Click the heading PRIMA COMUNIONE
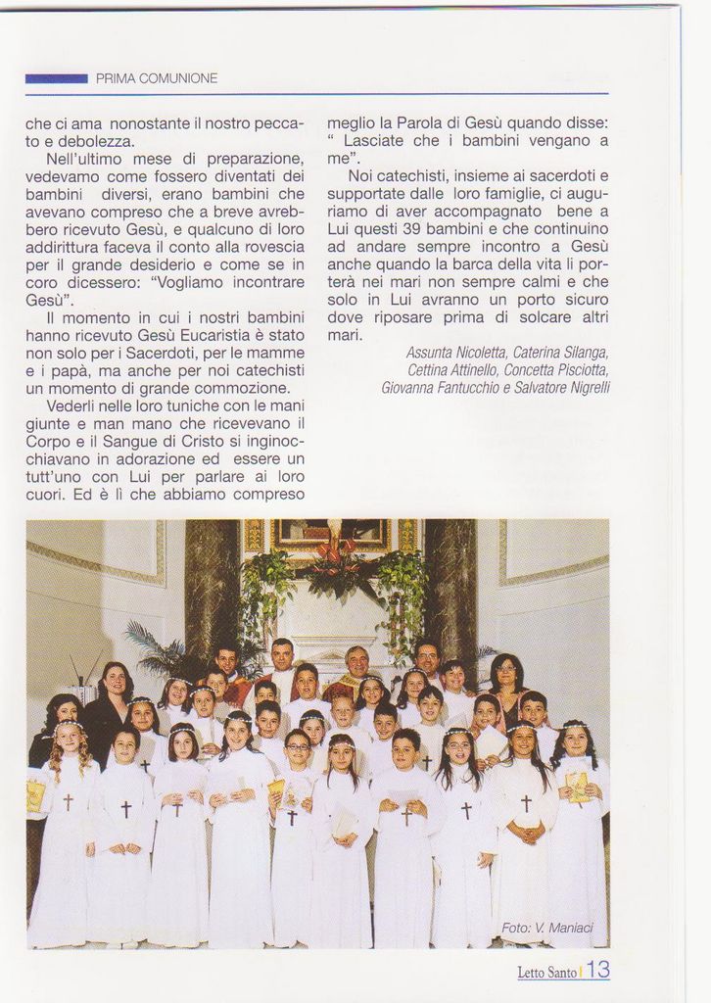tap(157, 78)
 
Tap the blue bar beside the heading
tap(56, 78)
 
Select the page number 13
tap(598, 971)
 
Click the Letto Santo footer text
tap(546, 973)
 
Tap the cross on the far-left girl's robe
tap(69, 801)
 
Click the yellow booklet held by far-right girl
tap(577, 785)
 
